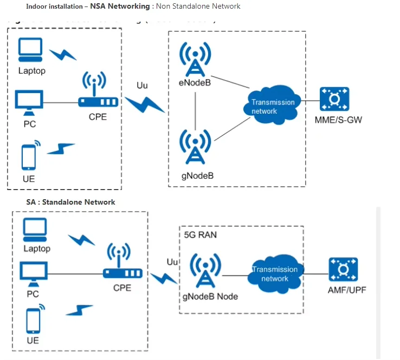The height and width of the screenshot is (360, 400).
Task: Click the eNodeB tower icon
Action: tap(195, 59)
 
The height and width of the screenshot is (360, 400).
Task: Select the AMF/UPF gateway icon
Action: tap(343, 269)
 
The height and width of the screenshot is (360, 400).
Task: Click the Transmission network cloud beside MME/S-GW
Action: tap(272, 105)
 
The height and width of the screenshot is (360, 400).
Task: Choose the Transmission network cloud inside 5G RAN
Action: tap(275, 273)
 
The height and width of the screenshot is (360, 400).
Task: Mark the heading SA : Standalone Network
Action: tap(70, 202)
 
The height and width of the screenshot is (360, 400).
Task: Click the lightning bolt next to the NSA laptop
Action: tap(63, 54)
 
